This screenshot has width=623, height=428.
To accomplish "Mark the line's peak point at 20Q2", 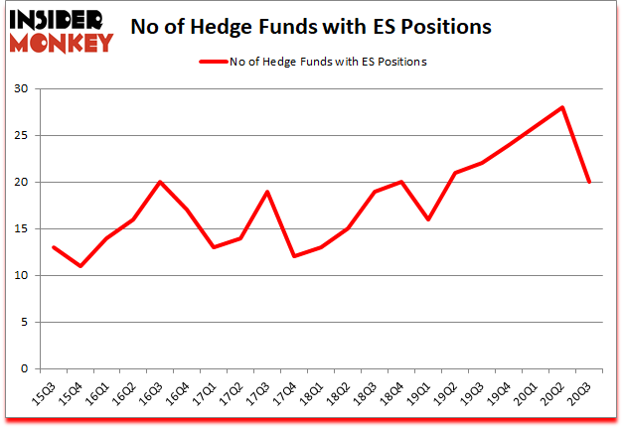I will pos(563,107).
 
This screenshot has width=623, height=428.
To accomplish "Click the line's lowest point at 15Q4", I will pos(80,266).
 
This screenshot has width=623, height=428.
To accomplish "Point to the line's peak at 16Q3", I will pos(161,182).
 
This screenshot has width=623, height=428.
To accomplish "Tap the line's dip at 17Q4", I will pos(295,256).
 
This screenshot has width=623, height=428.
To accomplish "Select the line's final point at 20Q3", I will pos(590,182).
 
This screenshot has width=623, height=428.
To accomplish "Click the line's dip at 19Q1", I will pos(429,219).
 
